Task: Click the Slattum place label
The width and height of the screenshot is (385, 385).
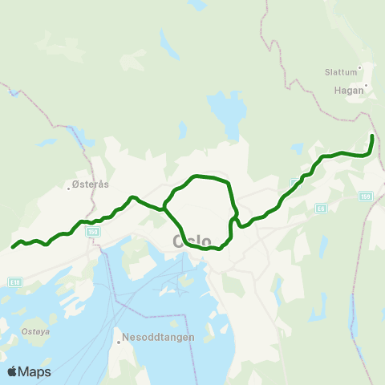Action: coord(341,71)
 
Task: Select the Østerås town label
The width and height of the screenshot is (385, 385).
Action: coord(88,184)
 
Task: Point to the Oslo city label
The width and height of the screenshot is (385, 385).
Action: coord(192,241)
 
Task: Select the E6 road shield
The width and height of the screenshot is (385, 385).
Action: coord(322,208)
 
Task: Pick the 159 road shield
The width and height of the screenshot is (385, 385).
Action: coord(367,197)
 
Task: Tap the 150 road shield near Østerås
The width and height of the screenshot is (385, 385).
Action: coord(93,231)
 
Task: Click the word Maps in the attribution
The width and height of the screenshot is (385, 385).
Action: coord(35,371)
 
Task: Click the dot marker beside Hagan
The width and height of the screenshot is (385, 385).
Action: coord(367,86)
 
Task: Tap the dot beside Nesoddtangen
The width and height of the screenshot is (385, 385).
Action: coord(119,342)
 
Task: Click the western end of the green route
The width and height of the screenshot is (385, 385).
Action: coord(13,247)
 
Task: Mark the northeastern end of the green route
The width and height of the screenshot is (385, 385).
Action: coord(373,136)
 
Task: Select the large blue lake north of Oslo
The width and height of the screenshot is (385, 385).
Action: coord(225,113)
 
